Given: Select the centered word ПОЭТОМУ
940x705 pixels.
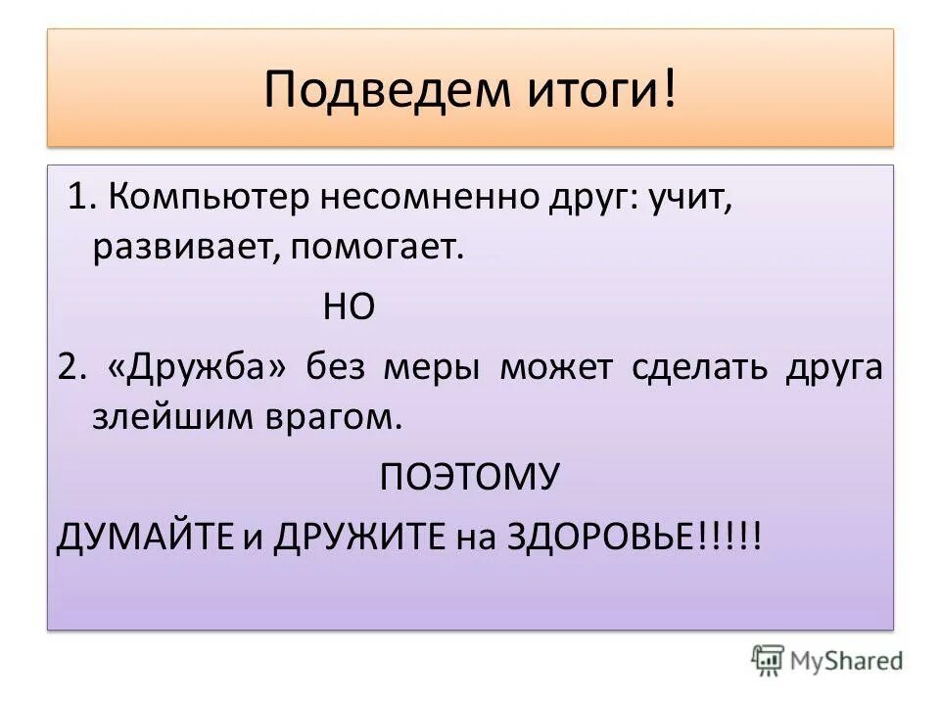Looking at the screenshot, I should (469, 479).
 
